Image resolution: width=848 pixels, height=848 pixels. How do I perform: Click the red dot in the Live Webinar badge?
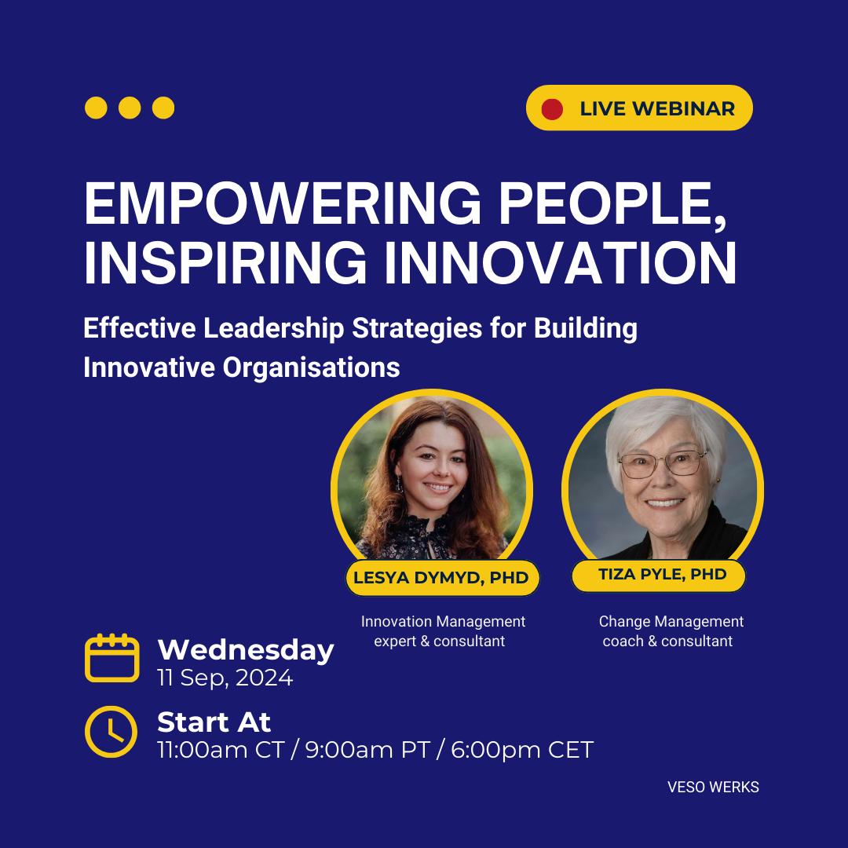point(552,108)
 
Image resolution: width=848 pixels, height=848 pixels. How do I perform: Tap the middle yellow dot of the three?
point(130,108)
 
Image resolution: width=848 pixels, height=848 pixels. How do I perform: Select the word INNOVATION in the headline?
point(561,263)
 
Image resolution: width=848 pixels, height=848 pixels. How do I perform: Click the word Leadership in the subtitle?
point(274,328)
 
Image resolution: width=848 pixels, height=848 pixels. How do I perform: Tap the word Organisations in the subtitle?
point(311,367)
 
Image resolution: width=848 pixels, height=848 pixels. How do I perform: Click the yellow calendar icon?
point(112,658)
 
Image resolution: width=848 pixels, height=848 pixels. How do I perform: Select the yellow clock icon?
point(111,732)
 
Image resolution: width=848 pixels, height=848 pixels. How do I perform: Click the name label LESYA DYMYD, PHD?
point(441,578)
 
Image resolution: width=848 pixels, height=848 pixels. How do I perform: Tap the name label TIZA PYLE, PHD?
point(660,575)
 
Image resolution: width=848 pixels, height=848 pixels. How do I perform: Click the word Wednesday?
point(246,649)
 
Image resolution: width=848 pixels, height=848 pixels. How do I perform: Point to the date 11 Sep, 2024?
point(225,678)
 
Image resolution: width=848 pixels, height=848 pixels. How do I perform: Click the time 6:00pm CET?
point(522,750)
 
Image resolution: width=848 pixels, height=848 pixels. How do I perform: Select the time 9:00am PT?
point(367,750)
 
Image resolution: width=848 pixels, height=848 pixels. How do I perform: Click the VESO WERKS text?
point(713,787)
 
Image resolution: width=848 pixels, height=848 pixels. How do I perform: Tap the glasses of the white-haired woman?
point(663,463)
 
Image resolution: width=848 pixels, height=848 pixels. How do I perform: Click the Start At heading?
point(214,722)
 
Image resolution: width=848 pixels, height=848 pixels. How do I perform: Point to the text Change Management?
point(671,621)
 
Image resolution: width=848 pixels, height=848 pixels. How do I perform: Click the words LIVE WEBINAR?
point(657,108)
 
